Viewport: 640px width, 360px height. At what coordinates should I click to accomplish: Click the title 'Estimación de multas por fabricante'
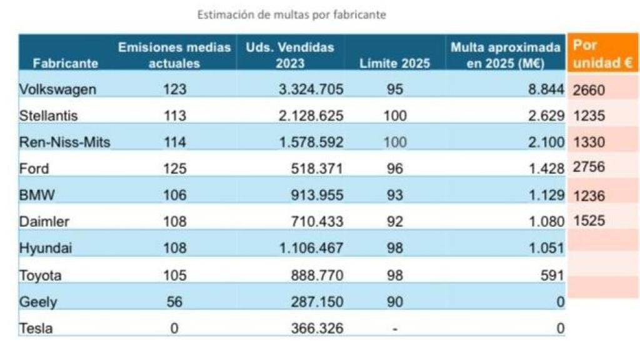(x=291, y=14)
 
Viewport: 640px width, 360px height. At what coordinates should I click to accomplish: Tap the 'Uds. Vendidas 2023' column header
(x=289, y=55)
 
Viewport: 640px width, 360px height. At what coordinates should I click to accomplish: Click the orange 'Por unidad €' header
(x=602, y=54)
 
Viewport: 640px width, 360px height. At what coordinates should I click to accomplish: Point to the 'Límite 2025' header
(x=394, y=63)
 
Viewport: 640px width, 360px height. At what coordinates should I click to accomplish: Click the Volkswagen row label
(x=57, y=89)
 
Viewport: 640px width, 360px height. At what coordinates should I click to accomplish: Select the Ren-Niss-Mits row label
(x=64, y=142)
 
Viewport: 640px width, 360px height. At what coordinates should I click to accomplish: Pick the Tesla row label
(x=36, y=328)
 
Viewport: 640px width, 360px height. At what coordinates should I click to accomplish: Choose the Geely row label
(x=38, y=302)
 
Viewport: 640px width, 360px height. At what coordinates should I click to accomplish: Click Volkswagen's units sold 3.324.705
(x=311, y=89)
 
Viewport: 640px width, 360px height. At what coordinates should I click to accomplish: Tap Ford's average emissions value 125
(x=174, y=169)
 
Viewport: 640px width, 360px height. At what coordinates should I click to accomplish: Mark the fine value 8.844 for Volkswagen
(x=546, y=89)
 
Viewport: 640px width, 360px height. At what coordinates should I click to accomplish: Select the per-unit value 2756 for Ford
(x=589, y=168)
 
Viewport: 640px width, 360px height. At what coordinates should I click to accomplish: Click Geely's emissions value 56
(x=174, y=302)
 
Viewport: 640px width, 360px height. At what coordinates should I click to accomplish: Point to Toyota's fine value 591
(x=552, y=275)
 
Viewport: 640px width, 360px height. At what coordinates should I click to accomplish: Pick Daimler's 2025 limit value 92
(x=394, y=222)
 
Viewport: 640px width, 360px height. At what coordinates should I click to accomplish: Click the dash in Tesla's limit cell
(x=394, y=329)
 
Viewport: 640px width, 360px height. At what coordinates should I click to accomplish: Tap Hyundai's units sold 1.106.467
(x=311, y=248)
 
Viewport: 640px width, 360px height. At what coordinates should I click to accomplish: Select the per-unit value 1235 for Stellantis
(x=589, y=116)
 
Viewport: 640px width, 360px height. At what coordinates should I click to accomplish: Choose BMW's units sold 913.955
(x=317, y=195)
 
